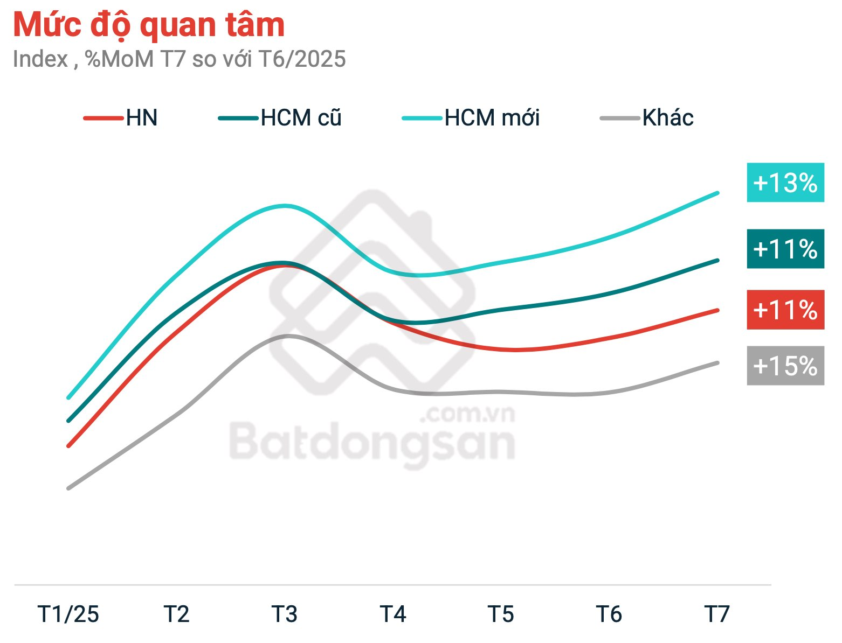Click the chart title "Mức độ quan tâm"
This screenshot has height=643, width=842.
(149, 25)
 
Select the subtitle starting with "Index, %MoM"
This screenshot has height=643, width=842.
(179, 59)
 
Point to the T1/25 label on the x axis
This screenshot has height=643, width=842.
(68, 614)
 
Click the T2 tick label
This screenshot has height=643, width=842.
(177, 614)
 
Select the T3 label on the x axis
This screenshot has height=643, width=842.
(285, 614)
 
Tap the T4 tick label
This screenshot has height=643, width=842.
(393, 614)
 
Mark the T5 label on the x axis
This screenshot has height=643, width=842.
(501, 614)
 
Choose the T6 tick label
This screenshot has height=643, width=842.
(609, 614)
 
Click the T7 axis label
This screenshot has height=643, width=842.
(717, 614)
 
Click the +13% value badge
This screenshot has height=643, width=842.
(785, 183)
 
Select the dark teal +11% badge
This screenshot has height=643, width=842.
(785, 249)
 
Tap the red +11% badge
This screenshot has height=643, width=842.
(785, 310)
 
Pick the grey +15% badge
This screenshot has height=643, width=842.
(785, 366)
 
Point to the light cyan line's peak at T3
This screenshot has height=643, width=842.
(285, 206)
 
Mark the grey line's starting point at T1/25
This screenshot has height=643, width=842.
(68, 488)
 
